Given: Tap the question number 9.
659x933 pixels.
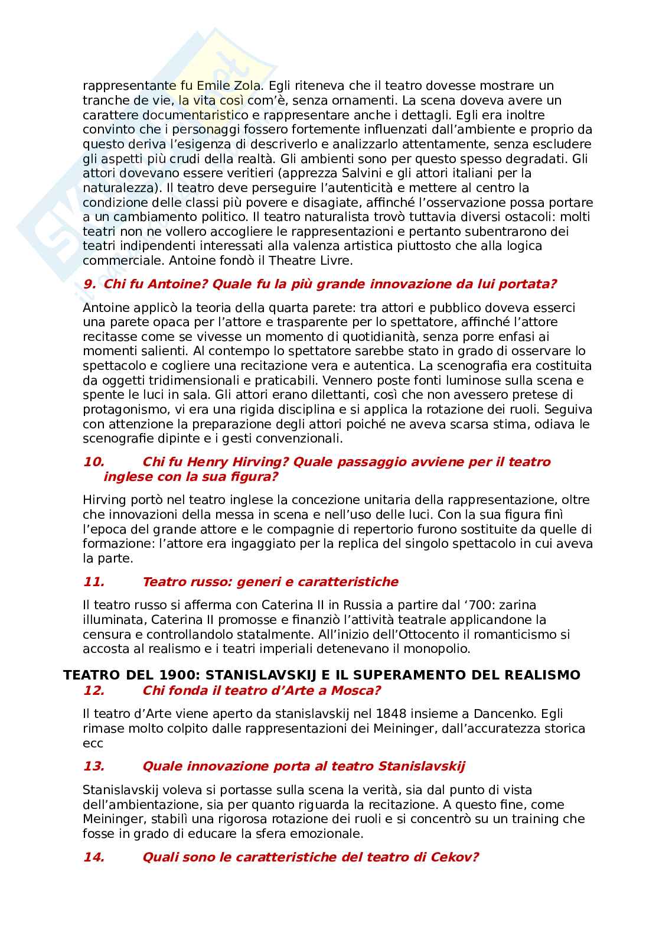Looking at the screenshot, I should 90,284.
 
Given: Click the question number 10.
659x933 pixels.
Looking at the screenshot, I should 94,462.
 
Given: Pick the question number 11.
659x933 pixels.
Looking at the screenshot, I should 94,582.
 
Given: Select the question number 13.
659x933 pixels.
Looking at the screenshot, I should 94,766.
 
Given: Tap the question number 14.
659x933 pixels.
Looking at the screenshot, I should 94,857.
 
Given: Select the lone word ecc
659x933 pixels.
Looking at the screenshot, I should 93,743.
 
